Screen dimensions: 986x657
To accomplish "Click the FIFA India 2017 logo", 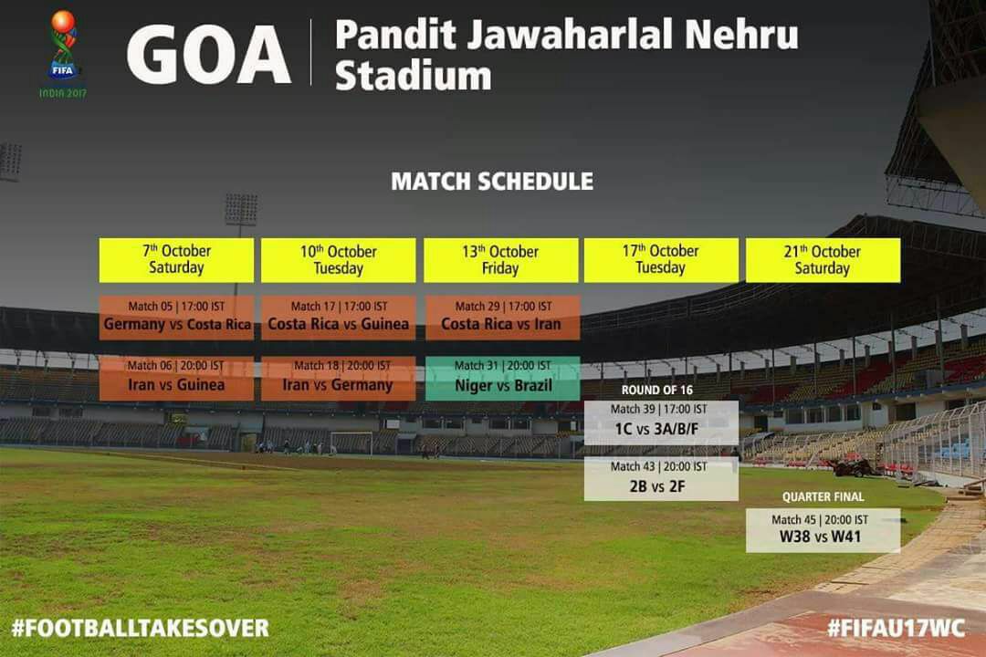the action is pos(63,54).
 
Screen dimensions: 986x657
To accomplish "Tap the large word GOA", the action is pos(209,55).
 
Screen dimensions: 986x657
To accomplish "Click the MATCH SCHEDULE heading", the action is pos(492,182).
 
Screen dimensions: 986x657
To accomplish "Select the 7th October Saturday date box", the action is pos(176,260).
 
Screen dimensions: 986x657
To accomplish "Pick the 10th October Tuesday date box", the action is pos(339,260).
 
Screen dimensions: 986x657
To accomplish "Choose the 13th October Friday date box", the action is pos(500,260).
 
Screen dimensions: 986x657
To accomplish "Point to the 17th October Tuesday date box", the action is pos(661,260).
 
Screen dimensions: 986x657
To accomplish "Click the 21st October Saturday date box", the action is pos(823,260).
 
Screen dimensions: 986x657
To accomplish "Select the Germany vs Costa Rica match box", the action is pos(177,318).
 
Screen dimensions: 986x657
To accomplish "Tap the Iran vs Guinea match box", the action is pos(177,379).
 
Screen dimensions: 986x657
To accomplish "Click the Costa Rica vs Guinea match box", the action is pos(339,318).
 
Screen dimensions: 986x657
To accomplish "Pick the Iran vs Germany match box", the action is pos(339,379).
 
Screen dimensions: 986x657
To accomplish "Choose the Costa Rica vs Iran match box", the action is pos(502,318).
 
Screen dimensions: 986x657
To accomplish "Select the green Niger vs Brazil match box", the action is pos(502,379).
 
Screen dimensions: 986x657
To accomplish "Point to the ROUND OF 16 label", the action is pos(657,390).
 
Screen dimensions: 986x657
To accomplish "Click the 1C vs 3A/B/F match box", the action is pos(661,423).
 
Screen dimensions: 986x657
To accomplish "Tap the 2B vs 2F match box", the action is pos(661,479).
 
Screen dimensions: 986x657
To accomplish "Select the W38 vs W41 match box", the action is pos(823,530).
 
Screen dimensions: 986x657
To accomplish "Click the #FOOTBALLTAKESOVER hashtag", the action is pos(141,628).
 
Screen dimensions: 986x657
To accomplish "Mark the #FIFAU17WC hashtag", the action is pos(897,628).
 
